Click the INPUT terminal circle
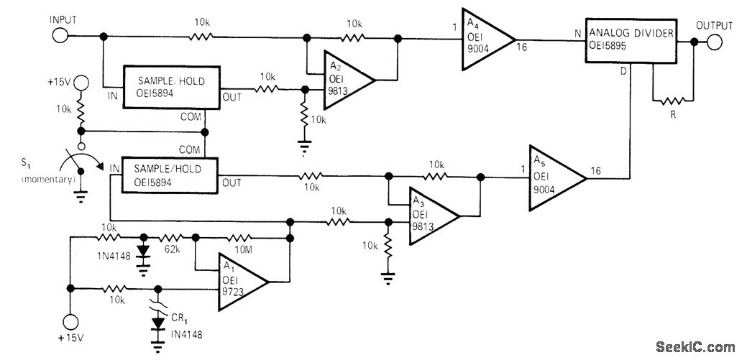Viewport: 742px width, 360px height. [60, 35]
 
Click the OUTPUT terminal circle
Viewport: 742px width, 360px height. [714, 42]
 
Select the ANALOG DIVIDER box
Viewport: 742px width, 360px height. [631, 41]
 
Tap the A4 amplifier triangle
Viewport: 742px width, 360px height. [488, 40]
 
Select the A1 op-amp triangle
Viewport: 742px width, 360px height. [243, 282]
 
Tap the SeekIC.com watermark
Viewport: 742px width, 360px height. [695, 347]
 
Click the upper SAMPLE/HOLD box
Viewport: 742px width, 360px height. [171, 88]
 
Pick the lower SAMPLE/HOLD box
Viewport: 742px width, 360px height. [170, 175]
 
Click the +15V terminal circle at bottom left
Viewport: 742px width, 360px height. [70, 322]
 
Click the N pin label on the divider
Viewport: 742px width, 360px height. [577, 33]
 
